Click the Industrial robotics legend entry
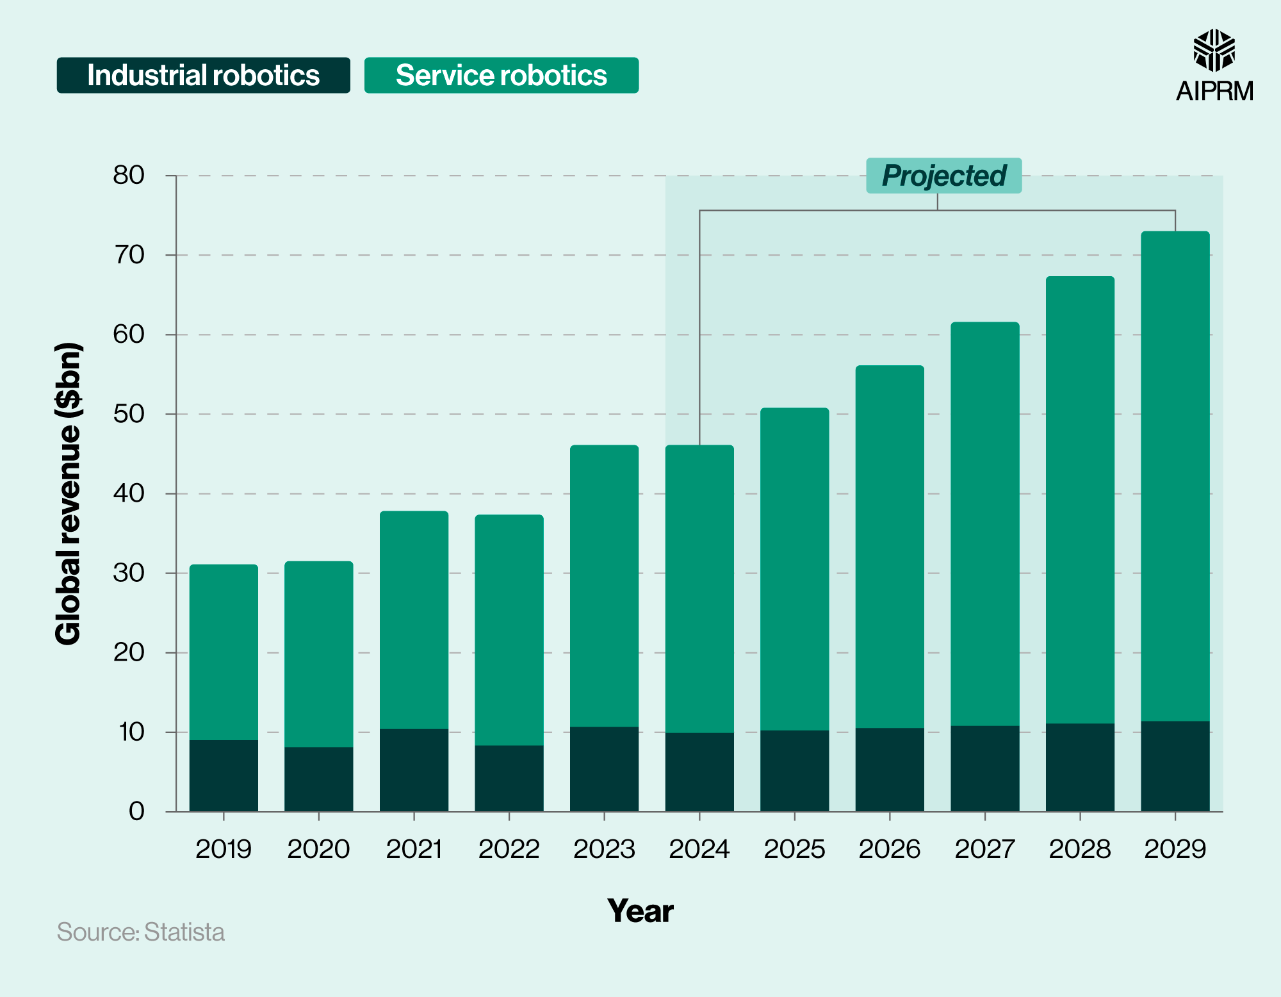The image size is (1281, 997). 203,76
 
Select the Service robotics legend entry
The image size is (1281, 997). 501,76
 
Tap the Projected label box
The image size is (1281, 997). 943,176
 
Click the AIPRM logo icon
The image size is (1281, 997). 1214,50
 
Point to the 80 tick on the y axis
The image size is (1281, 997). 129,175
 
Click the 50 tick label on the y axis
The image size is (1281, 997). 129,414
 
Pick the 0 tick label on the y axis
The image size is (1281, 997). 136,811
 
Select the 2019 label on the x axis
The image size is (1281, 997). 224,850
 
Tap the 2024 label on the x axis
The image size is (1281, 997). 699,850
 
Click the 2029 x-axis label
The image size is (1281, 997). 1175,850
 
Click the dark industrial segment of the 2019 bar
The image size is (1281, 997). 224,775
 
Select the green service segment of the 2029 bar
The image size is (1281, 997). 1175,474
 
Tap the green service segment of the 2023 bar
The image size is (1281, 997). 604,586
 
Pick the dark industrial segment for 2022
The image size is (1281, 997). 509,779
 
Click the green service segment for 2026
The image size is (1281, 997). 890,545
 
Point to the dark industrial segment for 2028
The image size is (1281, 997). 1080,768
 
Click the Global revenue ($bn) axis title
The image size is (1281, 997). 69,493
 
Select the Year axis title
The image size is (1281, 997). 640,910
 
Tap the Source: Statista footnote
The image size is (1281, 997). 141,932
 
